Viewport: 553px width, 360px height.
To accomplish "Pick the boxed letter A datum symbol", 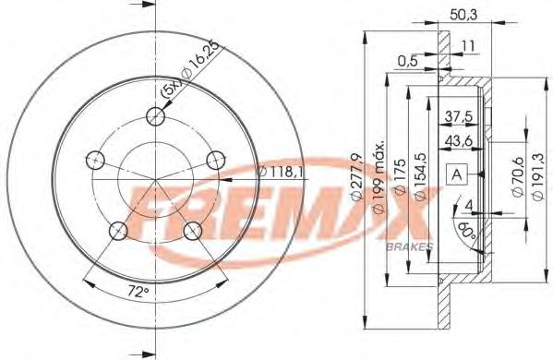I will pos(458,174).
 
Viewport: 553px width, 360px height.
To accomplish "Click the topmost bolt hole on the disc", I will pos(157,116).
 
